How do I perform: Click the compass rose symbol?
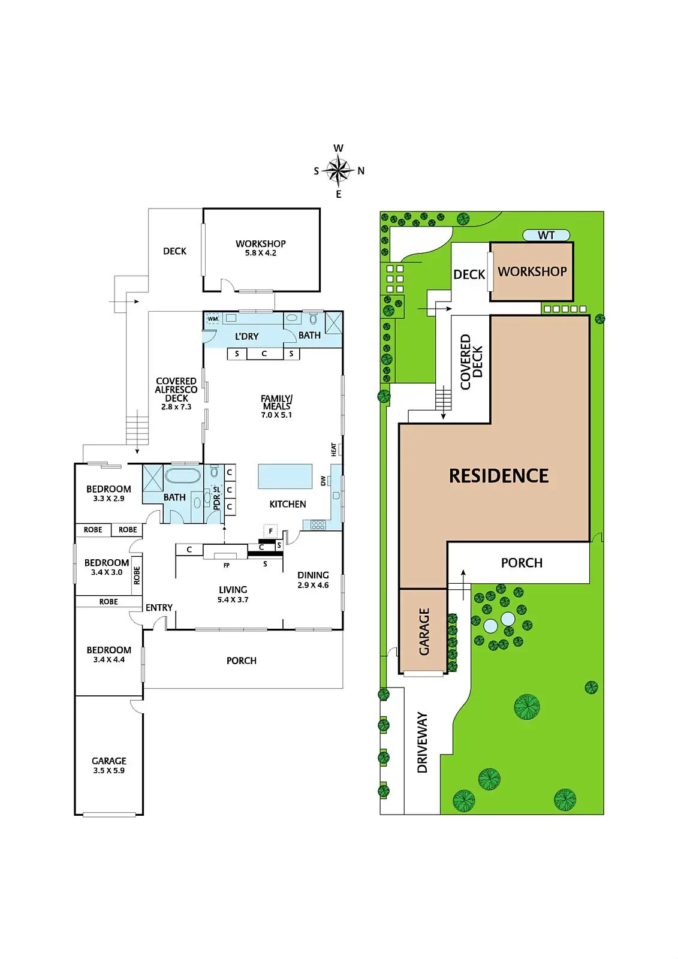click(x=338, y=171)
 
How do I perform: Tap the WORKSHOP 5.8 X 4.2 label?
click(x=260, y=248)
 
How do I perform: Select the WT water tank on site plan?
click(x=546, y=235)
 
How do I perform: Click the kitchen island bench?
click(x=285, y=476)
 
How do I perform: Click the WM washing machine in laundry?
click(x=213, y=319)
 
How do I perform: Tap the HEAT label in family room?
click(x=334, y=449)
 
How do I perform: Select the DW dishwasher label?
click(x=323, y=481)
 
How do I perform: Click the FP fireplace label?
click(x=226, y=565)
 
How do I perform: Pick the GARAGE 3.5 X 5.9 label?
click(x=109, y=765)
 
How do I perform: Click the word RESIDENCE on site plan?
click(x=499, y=476)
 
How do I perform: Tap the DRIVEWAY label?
click(x=422, y=743)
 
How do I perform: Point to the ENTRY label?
click(x=159, y=608)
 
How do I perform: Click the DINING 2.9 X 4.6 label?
click(x=313, y=580)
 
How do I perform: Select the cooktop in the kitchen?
click(x=318, y=524)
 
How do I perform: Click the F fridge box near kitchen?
click(x=270, y=531)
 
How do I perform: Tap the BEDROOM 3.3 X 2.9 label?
click(x=109, y=493)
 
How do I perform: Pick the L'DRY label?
click(x=247, y=336)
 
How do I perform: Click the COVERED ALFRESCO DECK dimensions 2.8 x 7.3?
click(x=176, y=407)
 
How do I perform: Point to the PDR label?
click(x=217, y=502)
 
